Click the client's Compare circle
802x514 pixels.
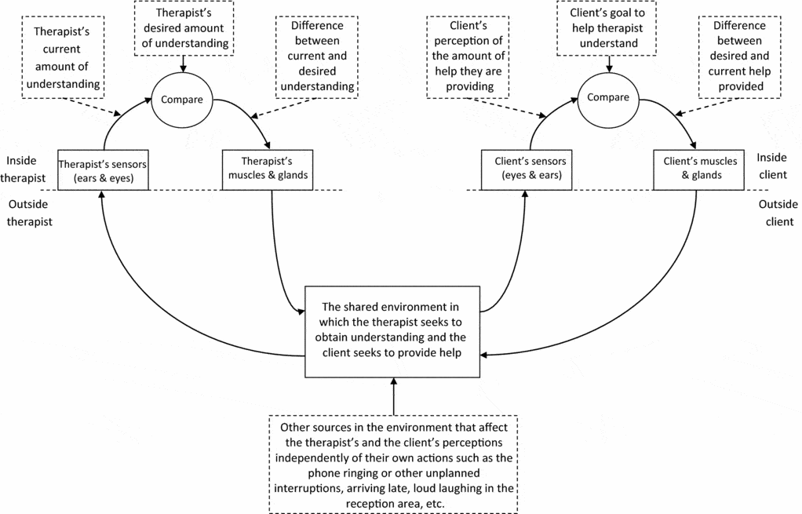[x=607, y=98]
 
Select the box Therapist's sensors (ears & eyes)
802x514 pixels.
[x=103, y=169]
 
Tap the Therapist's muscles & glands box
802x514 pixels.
[x=268, y=169]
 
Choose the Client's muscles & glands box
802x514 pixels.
[x=696, y=169]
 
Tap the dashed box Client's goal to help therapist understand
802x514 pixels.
[x=607, y=27]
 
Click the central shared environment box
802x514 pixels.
[x=392, y=329]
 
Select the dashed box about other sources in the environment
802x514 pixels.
[x=393, y=464]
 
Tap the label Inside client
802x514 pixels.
[x=773, y=167]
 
